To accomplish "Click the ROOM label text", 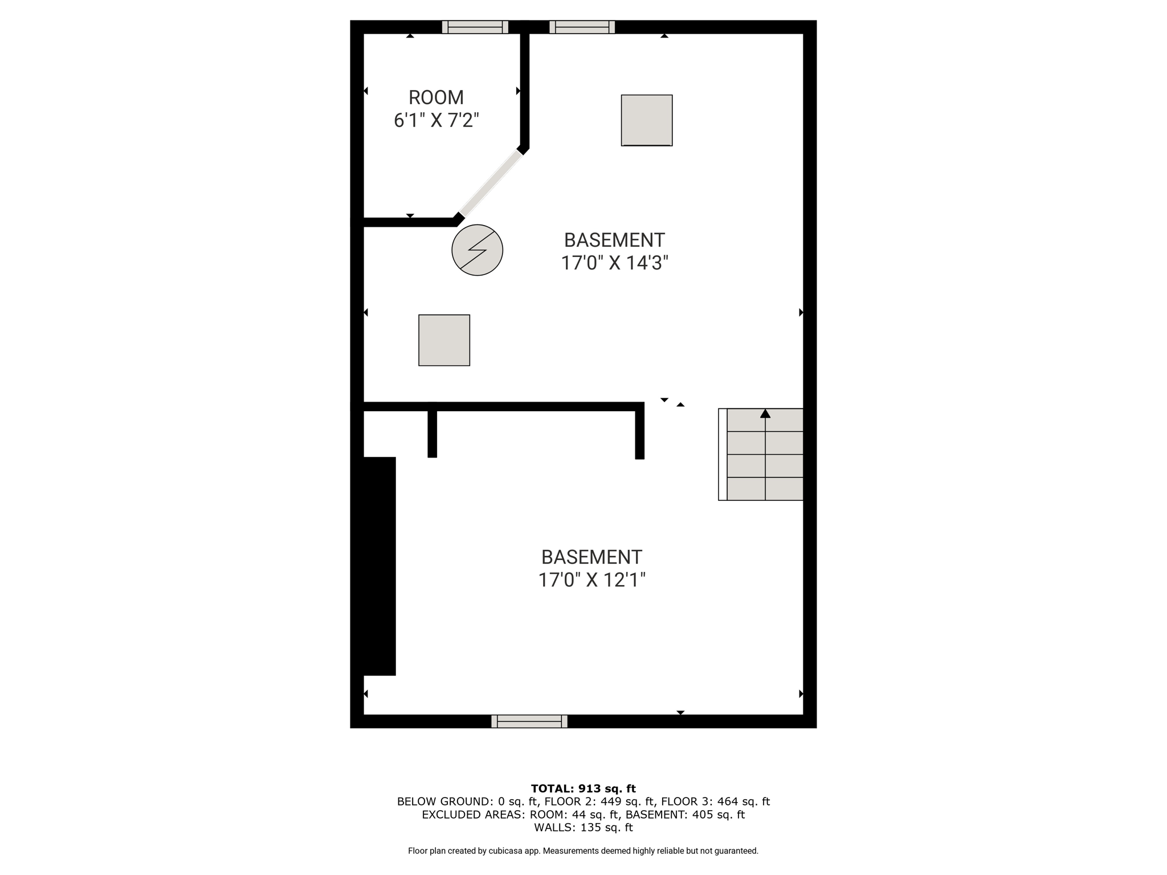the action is [436, 97].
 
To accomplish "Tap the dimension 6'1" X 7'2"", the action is [436, 120].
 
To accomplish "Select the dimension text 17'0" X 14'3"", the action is [614, 263].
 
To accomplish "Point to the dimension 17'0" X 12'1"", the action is [592, 580].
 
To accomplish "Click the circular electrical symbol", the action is [478, 250].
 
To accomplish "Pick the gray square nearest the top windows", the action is [647, 120].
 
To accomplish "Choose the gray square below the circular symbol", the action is [444, 340].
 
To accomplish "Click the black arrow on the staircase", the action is [765, 414].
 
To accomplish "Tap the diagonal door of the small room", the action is [491, 183].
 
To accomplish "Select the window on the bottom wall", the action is [529, 721].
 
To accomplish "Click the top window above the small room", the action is [475, 27].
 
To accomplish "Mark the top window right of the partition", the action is [582, 27].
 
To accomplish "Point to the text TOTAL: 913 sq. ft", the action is [583, 788].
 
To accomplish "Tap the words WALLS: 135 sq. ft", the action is [583, 828].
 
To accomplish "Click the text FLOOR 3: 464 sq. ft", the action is [716, 802].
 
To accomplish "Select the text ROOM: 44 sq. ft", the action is [574, 815].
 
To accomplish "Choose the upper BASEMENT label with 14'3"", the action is [614, 240].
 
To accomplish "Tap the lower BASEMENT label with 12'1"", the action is [592, 557].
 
